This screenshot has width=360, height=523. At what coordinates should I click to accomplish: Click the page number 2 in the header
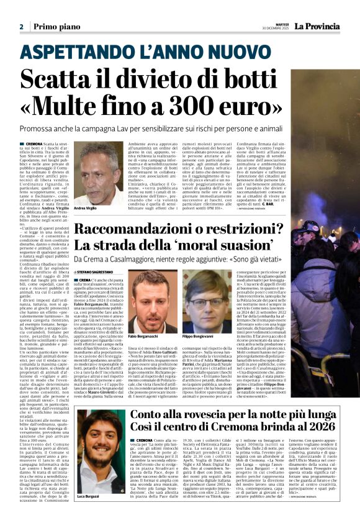point(21,27)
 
